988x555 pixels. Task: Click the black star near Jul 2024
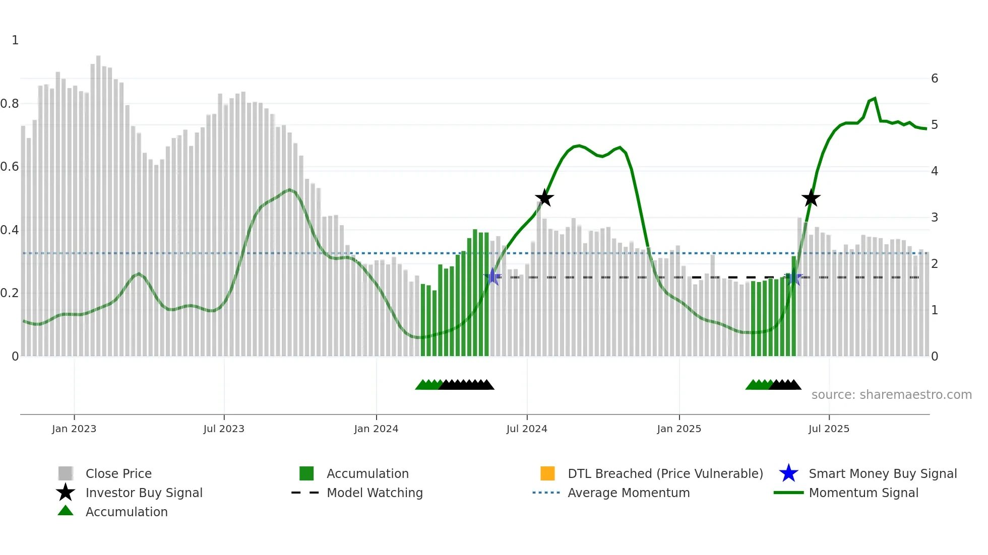(x=544, y=198)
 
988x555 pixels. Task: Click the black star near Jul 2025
(x=811, y=198)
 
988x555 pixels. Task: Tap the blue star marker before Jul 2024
(x=492, y=277)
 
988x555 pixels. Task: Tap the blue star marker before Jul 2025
(x=794, y=277)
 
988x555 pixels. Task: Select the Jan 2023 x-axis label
(x=74, y=429)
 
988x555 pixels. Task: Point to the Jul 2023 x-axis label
(x=224, y=429)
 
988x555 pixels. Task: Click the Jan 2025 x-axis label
(x=679, y=429)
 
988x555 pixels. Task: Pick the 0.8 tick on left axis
(x=10, y=104)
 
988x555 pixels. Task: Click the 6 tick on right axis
(x=935, y=79)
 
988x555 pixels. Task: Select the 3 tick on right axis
(x=935, y=218)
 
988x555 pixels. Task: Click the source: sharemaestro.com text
(x=891, y=395)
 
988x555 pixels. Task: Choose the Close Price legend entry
(x=118, y=474)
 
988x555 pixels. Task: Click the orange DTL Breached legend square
(x=547, y=473)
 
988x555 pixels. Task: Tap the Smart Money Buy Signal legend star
(x=788, y=473)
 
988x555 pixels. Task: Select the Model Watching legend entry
(x=375, y=493)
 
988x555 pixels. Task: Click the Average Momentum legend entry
(x=629, y=493)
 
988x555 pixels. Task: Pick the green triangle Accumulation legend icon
(x=66, y=511)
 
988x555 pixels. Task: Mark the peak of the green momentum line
(x=875, y=98)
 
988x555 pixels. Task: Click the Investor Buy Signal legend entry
(x=144, y=493)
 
